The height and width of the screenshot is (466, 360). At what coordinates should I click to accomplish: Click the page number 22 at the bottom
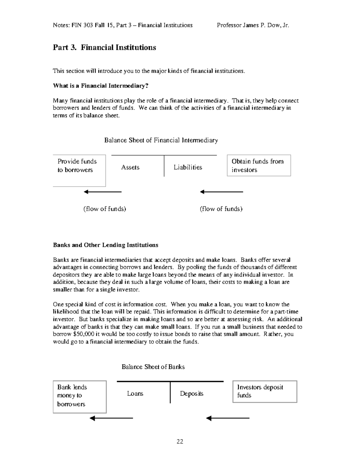[x=180, y=441]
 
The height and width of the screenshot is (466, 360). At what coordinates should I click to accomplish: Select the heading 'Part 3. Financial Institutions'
[x=104, y=47]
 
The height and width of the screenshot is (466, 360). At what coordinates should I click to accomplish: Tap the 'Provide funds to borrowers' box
[x=79, y=170]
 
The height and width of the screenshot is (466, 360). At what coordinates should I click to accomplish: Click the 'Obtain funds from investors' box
[x=259, y=165]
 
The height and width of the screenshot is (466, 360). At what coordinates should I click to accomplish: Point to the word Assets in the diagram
[x=130, y=167]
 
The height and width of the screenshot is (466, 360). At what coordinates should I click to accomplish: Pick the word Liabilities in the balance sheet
[x=188, y=167]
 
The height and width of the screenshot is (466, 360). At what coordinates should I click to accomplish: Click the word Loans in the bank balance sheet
[x=135, y=393]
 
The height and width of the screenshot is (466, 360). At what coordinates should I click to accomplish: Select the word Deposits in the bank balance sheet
[x=192, y=393]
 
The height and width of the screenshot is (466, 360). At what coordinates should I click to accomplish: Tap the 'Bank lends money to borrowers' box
[x=79, y=397]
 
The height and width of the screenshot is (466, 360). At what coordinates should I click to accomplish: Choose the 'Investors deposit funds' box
[x=265, y=391]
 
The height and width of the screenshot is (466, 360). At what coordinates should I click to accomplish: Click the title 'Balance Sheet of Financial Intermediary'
[x=161, y=140]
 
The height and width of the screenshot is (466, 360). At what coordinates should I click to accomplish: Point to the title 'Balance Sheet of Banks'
[x=153, y=367]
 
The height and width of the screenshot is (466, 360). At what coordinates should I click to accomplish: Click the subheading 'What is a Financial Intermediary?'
[x=100, y=86]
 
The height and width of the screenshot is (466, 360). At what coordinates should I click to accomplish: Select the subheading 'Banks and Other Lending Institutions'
[x=106, y=245]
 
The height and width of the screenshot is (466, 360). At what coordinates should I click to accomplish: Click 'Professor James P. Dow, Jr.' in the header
[x=253, y=25]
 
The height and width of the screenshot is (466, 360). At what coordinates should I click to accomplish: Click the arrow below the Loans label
[x=111, y=418]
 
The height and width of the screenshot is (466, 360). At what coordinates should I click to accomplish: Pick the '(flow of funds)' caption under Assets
[x=104, y=209]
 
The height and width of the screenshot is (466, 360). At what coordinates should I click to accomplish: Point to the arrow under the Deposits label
[x=228, y=418]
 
